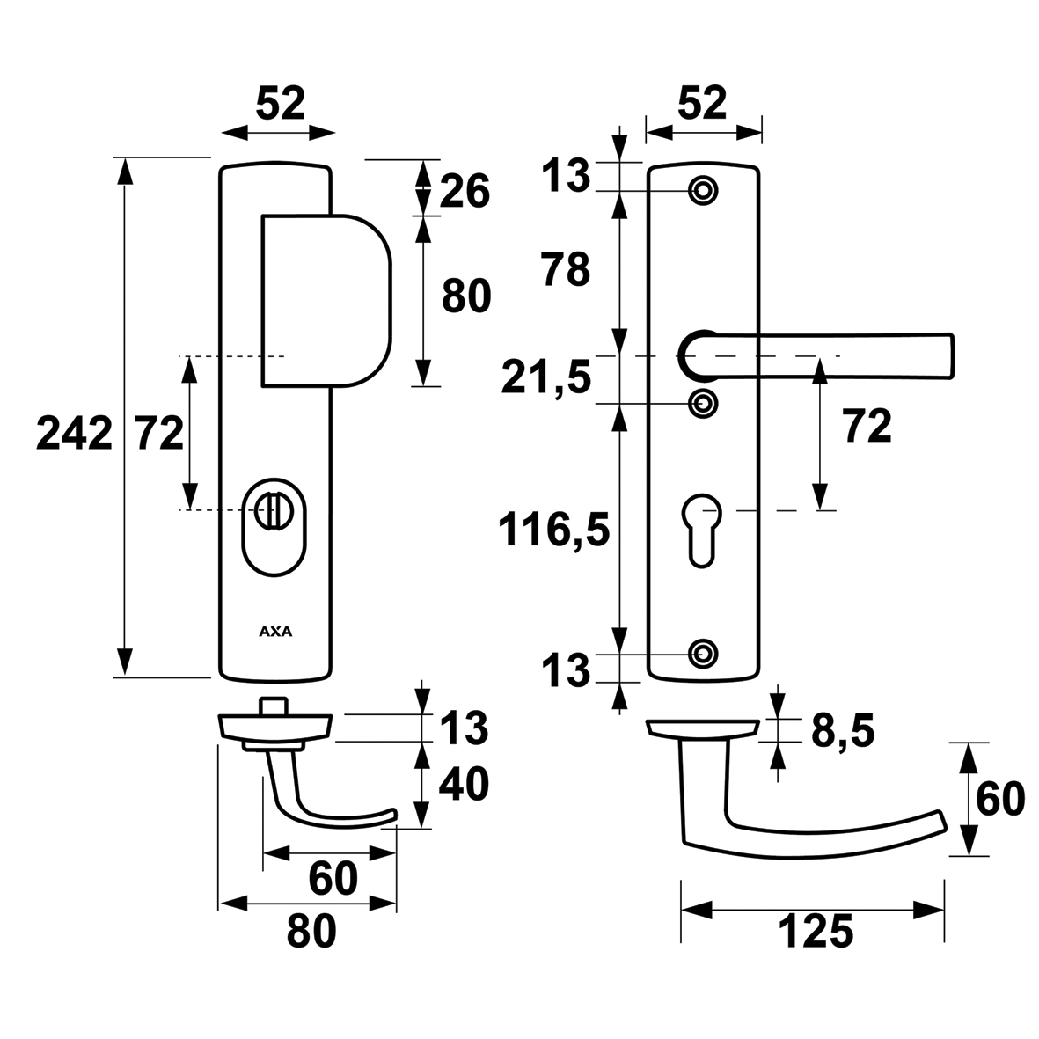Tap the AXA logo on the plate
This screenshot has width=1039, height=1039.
pyautogui.click(x=275, y=631)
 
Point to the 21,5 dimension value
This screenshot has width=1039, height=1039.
pyautogui.click(x=545, y=379)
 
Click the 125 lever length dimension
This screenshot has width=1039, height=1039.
pyautogui.click(x=815, y=933)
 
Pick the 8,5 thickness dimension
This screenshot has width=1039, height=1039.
pyautogui.click(x=842, y=731)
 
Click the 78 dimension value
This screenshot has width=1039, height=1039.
pyautogui.click(x=566, y=270)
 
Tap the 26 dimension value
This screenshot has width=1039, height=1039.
pyautogui.click(x=465, y=190)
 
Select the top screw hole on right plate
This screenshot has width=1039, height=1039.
pyautogui.click(x=702, y=190)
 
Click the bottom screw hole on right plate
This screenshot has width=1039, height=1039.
pyautogui.click(x=702, y=653)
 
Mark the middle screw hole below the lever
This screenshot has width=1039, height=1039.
pyautogui.click(x=702, y=404)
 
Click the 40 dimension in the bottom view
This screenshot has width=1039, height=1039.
pyautogui.click(x=465, y=783)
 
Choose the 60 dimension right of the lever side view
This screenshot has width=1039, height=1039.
pyautogui.click(x=1000, y=799)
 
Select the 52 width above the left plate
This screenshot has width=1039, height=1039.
pyautogui.click(x=280, y=104)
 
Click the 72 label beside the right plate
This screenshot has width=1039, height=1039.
pyautogui.click(x=867, y=427)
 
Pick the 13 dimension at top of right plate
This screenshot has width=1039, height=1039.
pyautogui.click(x=564, y=176)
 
